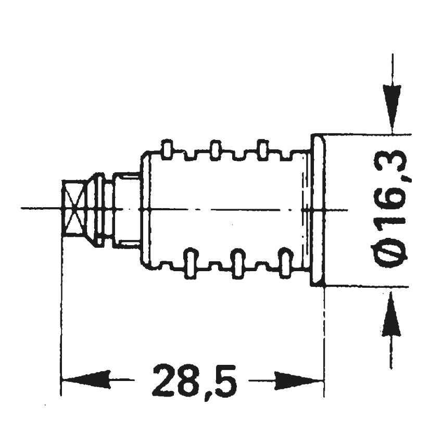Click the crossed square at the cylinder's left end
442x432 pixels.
[73, 209]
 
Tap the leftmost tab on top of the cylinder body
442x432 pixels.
[168, 149]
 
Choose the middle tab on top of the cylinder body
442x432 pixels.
[215, 149]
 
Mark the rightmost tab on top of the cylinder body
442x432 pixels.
[263, 149]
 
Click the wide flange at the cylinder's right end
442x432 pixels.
[318, 210]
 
